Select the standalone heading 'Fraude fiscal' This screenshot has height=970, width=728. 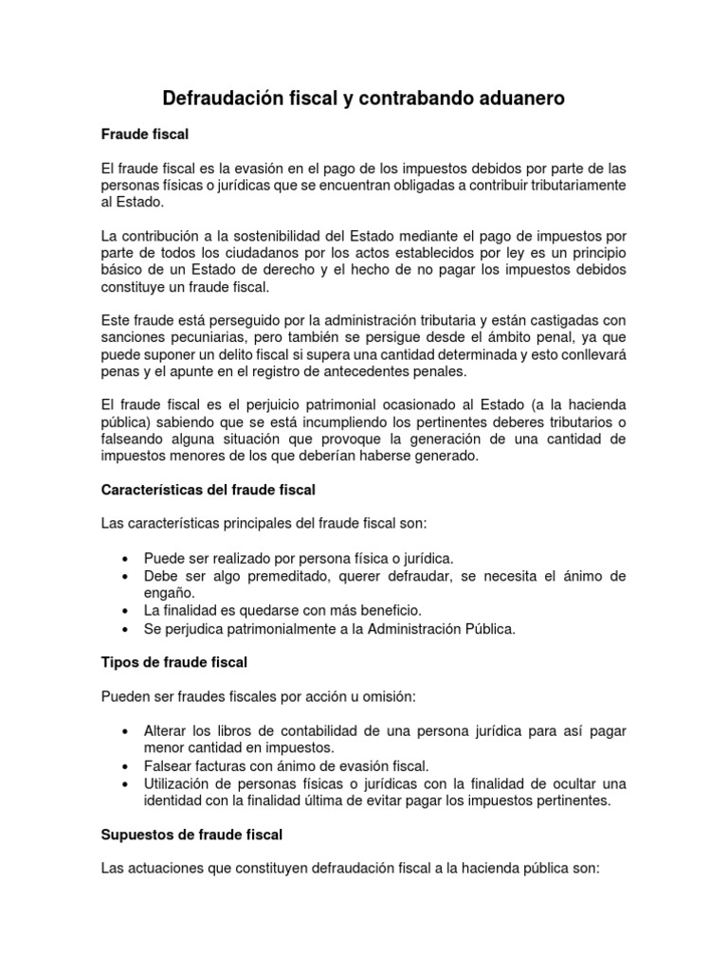point(144,135)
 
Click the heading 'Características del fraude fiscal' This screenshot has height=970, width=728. point(208,490)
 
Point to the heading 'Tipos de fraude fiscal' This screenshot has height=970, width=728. point(173,661)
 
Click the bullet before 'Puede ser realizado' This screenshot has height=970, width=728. point(126,559)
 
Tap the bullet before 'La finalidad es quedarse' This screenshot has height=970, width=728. point(126,610)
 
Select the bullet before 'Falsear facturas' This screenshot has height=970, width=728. point(126,765)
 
